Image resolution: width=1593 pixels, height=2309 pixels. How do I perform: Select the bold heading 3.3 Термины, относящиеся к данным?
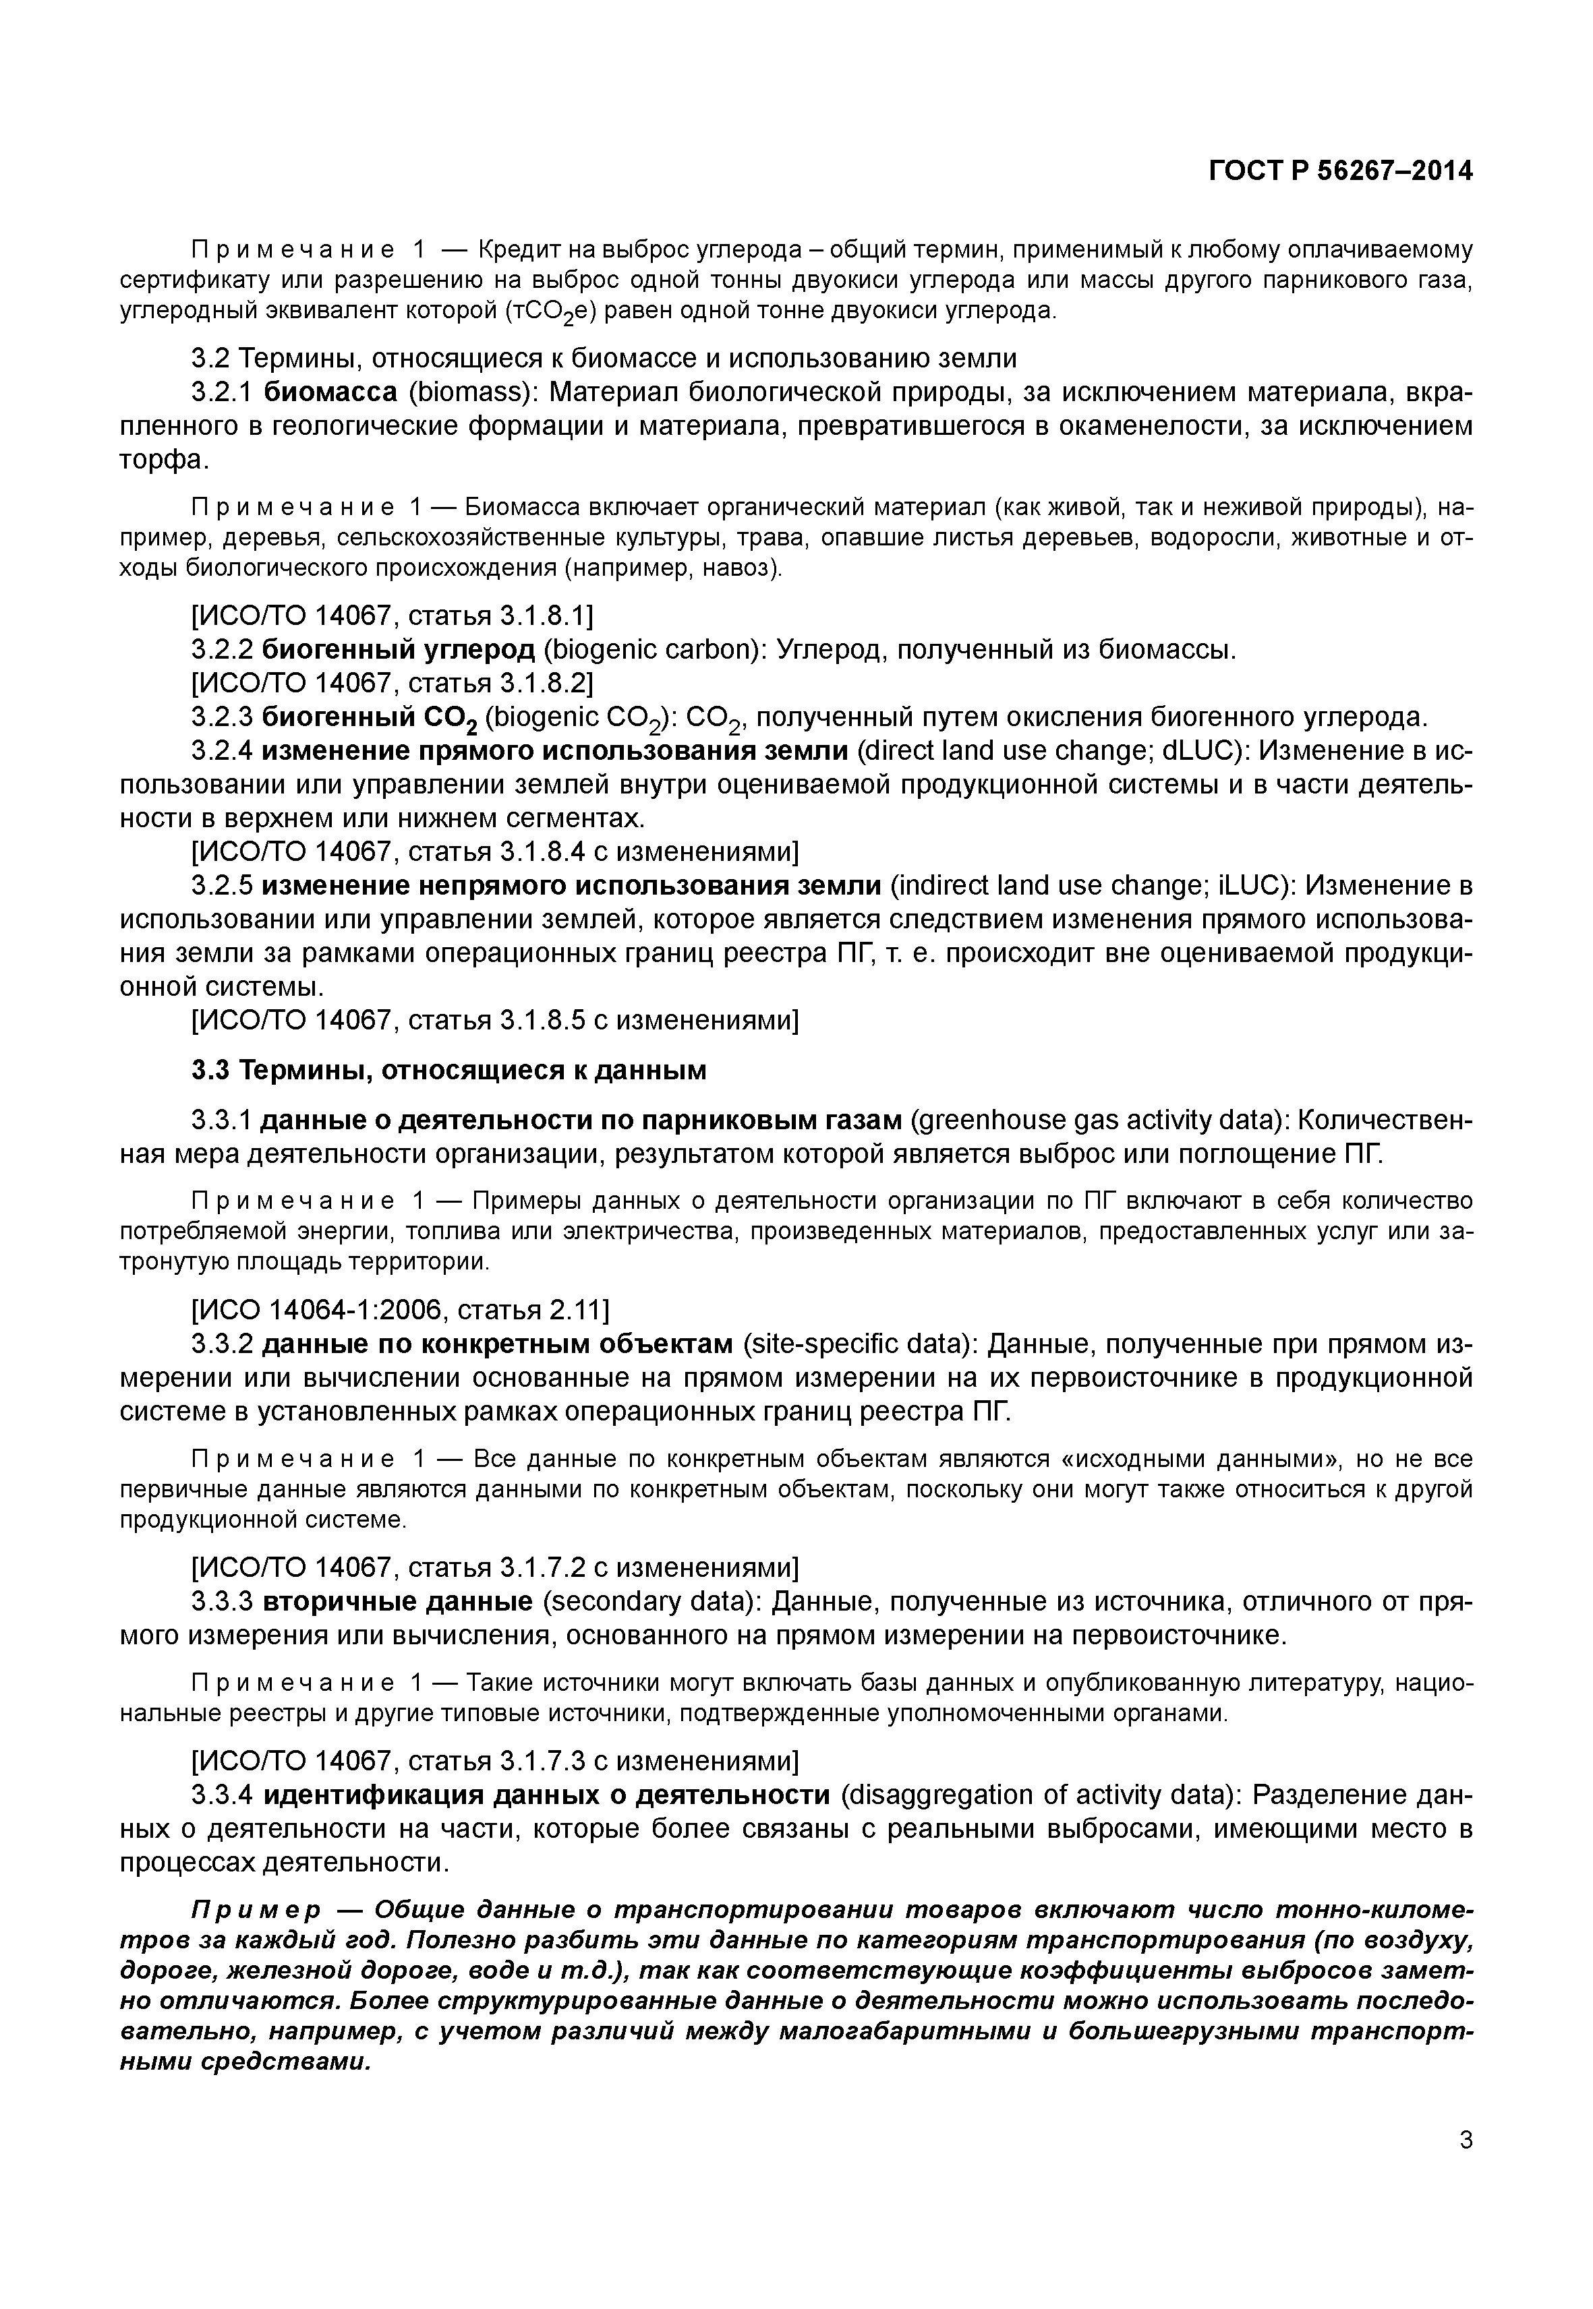tap(448, 1071)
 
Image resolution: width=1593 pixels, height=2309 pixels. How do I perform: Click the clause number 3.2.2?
tap(222, 650)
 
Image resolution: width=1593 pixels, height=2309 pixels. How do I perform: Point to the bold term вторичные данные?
tap(397, 1602)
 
